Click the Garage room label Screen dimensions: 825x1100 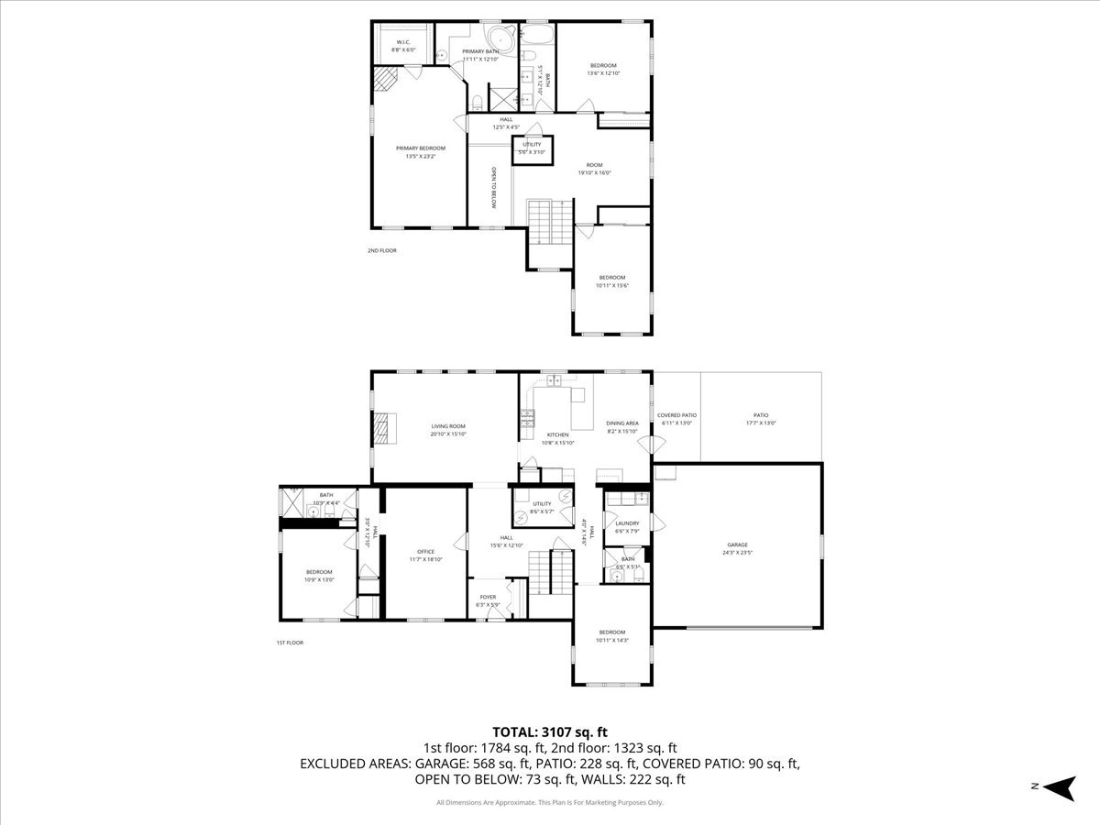click(738, 548)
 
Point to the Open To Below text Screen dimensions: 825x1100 click(493, 188)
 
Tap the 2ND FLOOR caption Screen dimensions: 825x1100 click(382, 250)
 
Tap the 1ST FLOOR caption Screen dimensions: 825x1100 click(290, 643)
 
